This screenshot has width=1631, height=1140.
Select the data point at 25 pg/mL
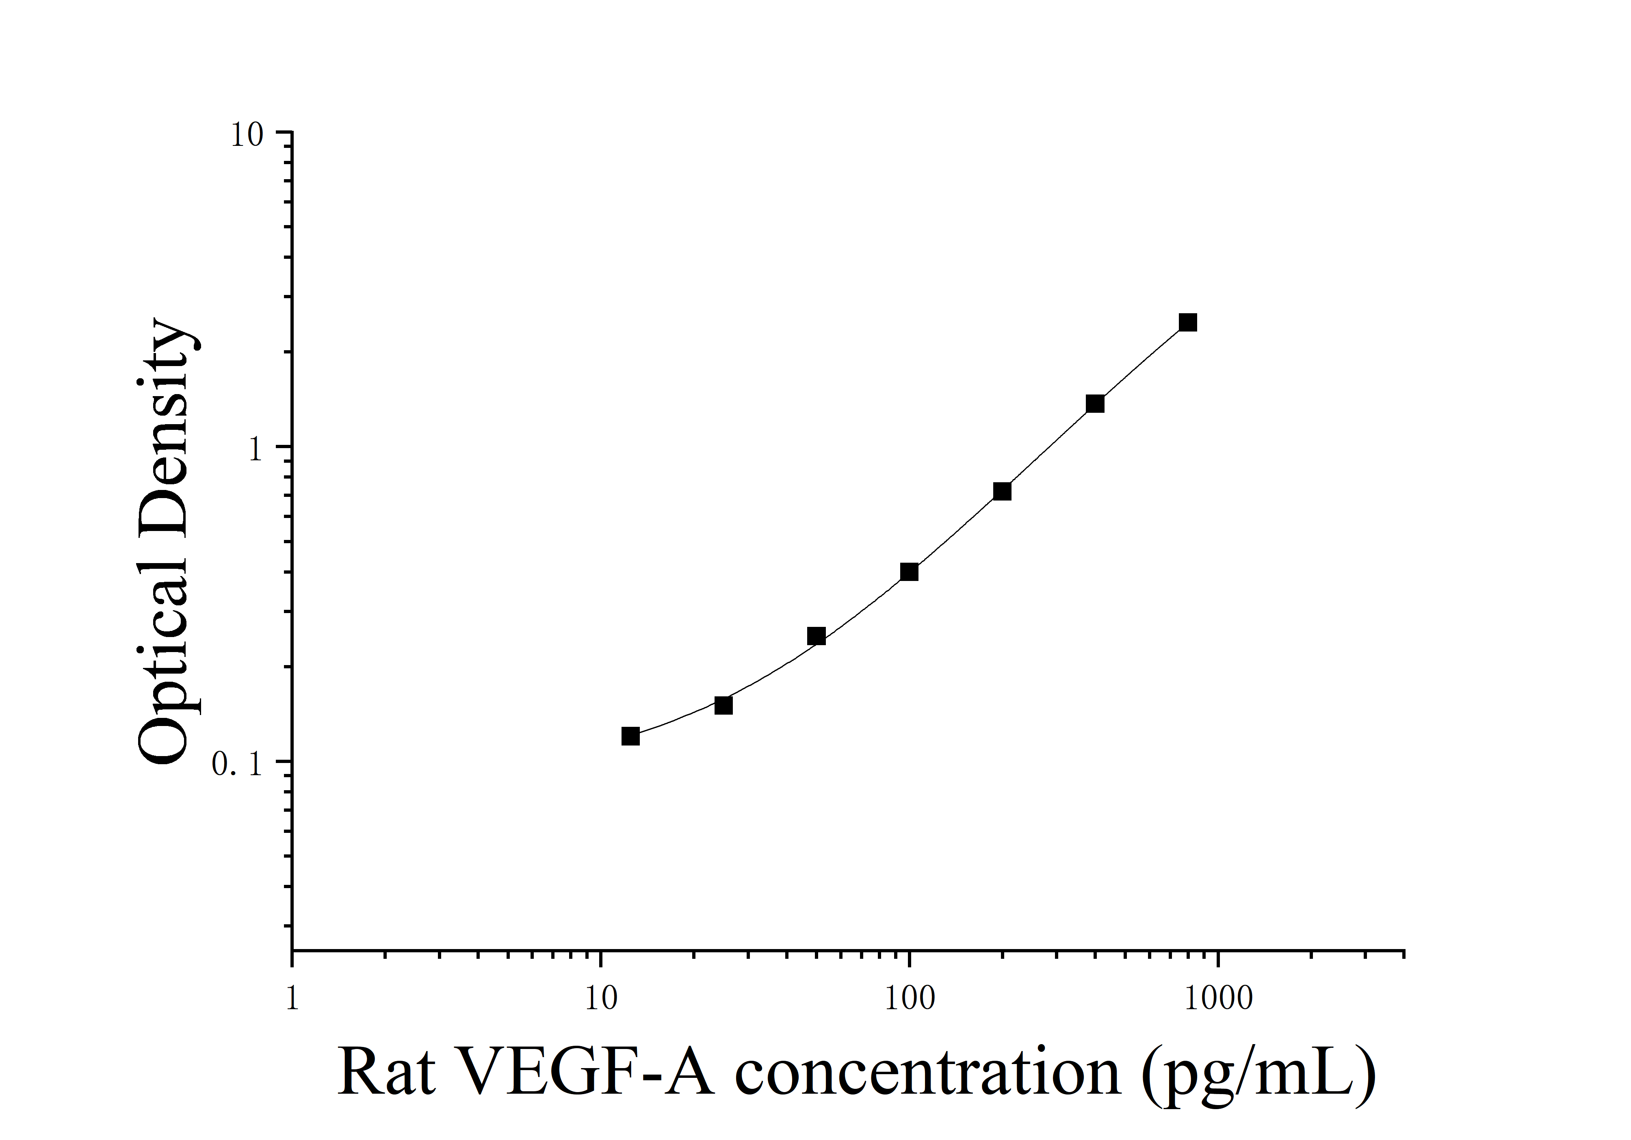tap(723, 705)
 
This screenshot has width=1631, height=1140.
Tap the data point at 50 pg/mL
tap(816, 636)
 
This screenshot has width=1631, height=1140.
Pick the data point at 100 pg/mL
tap(909, 572)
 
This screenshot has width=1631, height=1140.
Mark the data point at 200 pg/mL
tap(1002, 492)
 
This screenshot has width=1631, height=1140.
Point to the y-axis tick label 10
tap(247, 135)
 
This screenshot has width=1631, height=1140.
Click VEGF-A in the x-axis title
tap(587, 1073)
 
